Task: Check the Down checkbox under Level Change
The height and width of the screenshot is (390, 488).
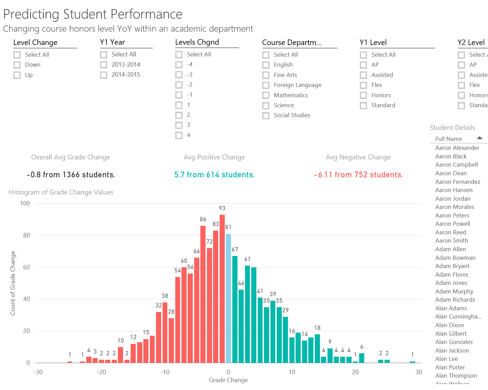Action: tap(17, 65)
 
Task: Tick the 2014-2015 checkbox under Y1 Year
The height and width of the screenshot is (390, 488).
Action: tap(104, 75)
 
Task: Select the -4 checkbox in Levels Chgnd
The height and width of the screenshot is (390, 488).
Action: tap(179, 65)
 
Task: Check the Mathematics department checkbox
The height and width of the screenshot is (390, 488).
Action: tap(266, 95)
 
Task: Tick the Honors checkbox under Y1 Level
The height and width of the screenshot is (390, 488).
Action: tap(364, 95)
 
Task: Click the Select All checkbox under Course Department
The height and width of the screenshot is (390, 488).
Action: tap(266, 55)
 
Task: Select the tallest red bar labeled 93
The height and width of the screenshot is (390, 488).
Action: tap(222, 289)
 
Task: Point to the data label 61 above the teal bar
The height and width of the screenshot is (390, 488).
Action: tap(247, 259)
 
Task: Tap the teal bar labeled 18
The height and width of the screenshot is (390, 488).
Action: tap(318, 348)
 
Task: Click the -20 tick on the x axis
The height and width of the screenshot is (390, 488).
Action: tap(101, 372)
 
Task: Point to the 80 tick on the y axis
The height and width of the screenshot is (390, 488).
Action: tap(26, 235)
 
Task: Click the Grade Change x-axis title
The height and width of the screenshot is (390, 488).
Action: tap(228, 380)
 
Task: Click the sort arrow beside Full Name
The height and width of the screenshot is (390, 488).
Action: tap(480, 138)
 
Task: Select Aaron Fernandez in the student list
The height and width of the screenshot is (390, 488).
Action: tap(458, 182)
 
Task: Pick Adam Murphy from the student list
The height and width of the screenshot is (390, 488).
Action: tap(454, 291)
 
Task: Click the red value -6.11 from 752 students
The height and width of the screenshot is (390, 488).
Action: tap(358, 175)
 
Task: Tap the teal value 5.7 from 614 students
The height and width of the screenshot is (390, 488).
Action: tap(214, 175)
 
